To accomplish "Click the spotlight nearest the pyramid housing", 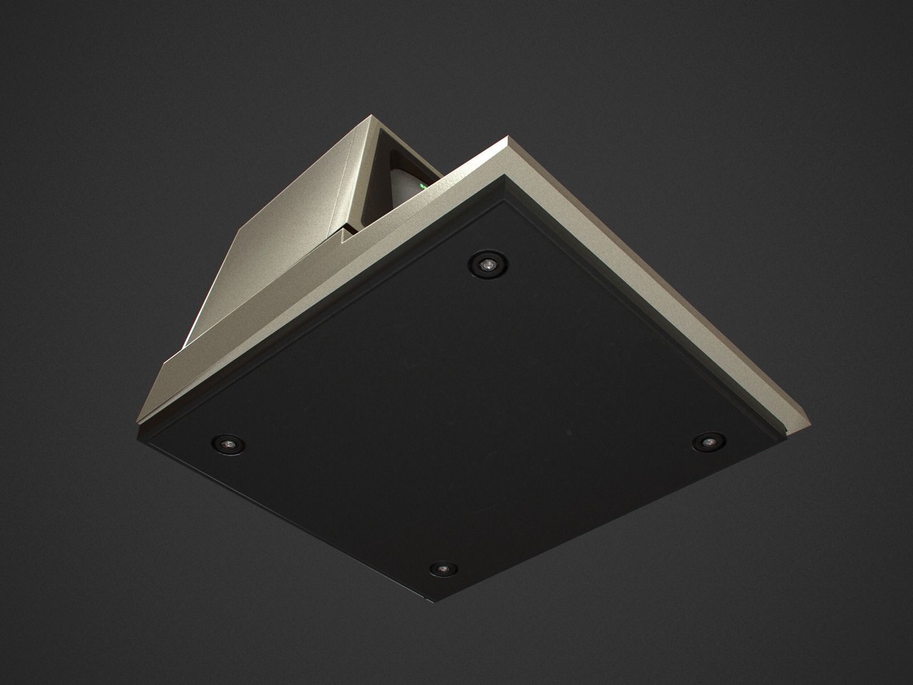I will point(488,264).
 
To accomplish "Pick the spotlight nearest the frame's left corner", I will point(228,442).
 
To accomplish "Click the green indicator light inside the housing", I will point(423,186).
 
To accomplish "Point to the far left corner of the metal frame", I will point(138,422).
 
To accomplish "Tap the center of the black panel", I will point(457,400).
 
